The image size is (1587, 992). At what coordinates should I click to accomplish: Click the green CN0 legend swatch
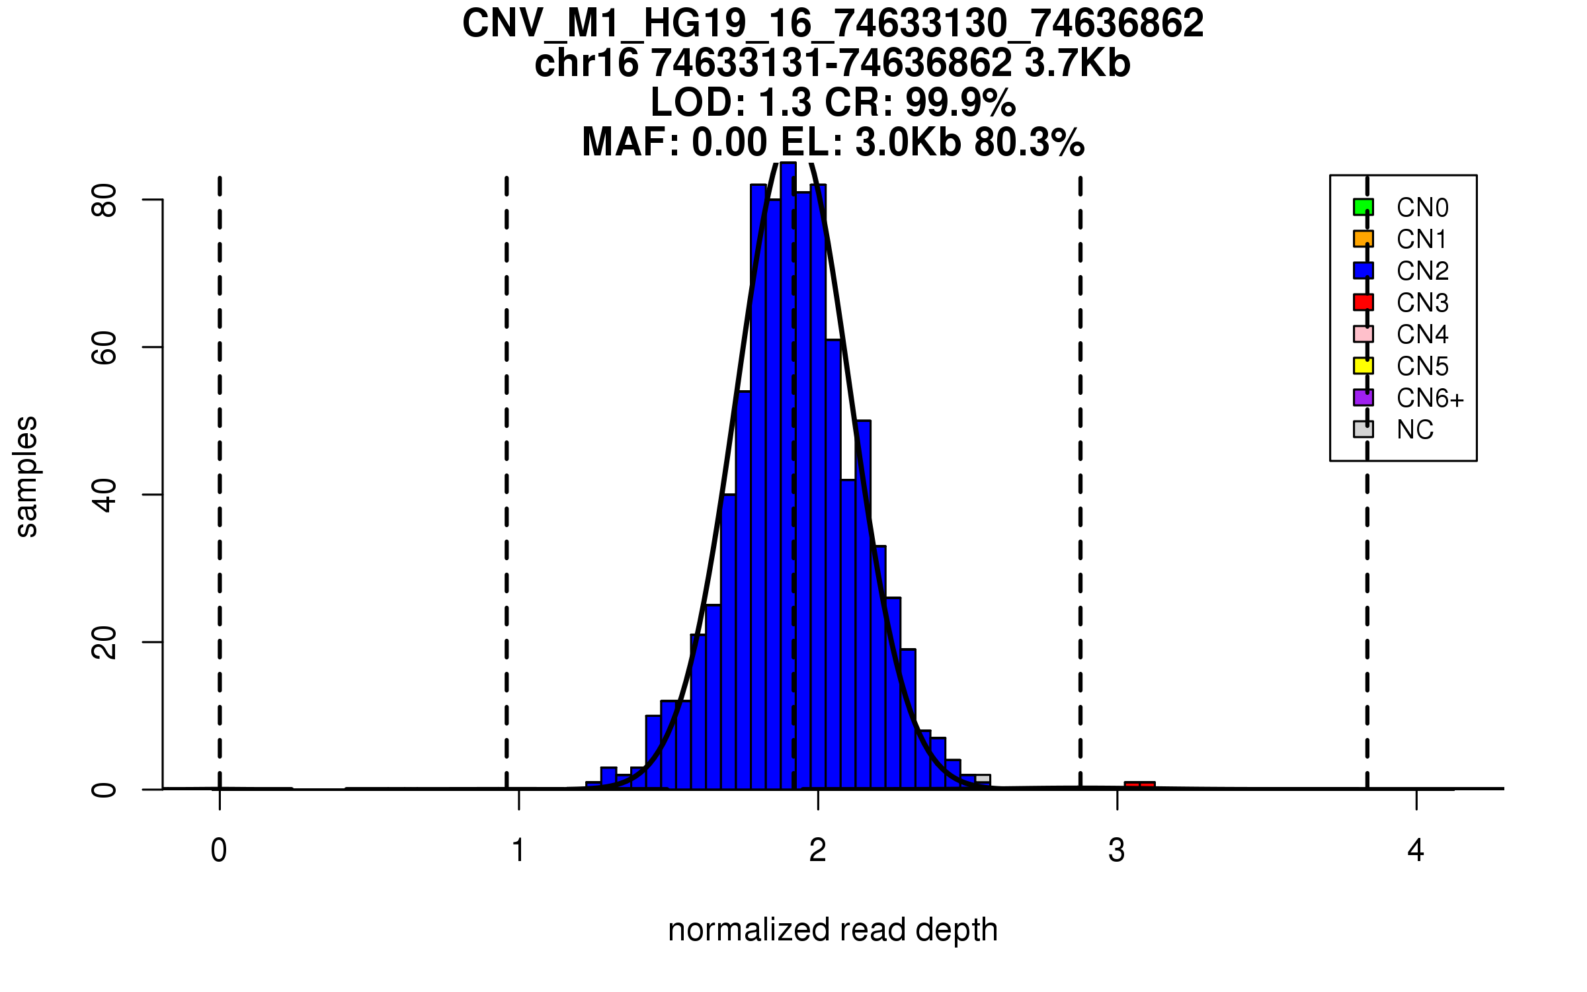pyautogui.click(x=1363, y=207)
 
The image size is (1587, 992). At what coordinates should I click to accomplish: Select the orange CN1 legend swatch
pyautogui.click(x=1363, y=239)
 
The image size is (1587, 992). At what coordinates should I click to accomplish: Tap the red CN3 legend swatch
pyautogui.click(x=1363, y=302)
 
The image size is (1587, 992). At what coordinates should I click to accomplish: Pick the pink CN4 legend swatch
pyautogui.click(x=1363, y=334)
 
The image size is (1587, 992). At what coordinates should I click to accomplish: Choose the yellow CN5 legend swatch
pyautogui.click(x=1363, y=366)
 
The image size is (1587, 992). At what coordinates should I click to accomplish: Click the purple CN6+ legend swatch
pyautogui.click(x=1363, y=397)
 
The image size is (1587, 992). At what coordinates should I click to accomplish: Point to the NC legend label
pyautogui.click(x=1414, y=430)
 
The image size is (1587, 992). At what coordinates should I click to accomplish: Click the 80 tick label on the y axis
pyautogui.click(x=104, y=200)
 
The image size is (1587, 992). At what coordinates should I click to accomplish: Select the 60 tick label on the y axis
pyautogui.click(x=104, y=347)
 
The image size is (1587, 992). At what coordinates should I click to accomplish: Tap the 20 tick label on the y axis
pyautogui.click(x=104, y=642)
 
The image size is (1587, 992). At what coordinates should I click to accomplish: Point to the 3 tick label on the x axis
pyautogui.click(x=1116, y=850)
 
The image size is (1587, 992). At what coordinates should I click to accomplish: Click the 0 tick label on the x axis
pyautogui.click(x=219, y=850)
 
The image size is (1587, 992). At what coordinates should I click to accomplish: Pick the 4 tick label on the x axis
pyautogui.click(x=1415, y=850)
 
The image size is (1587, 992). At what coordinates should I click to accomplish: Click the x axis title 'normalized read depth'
pyautogui.click(x=833, y=930)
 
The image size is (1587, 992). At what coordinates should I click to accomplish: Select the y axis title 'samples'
pyautogui.click(x=26, y=477)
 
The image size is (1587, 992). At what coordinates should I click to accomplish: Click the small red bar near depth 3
pyautogui.click(x=1139, y=785)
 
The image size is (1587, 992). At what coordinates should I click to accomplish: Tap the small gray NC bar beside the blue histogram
pyautogui.click(x=983, y=778)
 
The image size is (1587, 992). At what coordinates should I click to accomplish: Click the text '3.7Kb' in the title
pyautogui.click(x=1077, y=63)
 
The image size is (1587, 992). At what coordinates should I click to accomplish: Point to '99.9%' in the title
pyautogui.click(x=960, y=103)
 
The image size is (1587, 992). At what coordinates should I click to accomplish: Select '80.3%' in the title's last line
pyautogui.click(x=1029, y=142)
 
